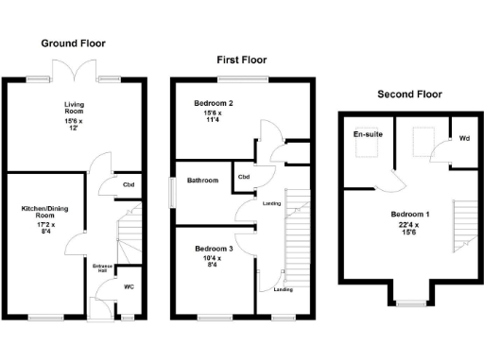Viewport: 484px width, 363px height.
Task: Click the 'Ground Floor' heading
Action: tap(73, 43)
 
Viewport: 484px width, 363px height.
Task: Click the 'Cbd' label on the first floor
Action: tap(243, 177)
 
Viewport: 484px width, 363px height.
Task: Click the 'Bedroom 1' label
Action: tap(411, 215)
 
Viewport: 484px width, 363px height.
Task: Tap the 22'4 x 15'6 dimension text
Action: tap(411, 228)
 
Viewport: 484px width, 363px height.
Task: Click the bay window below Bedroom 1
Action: tap(409, 302)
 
